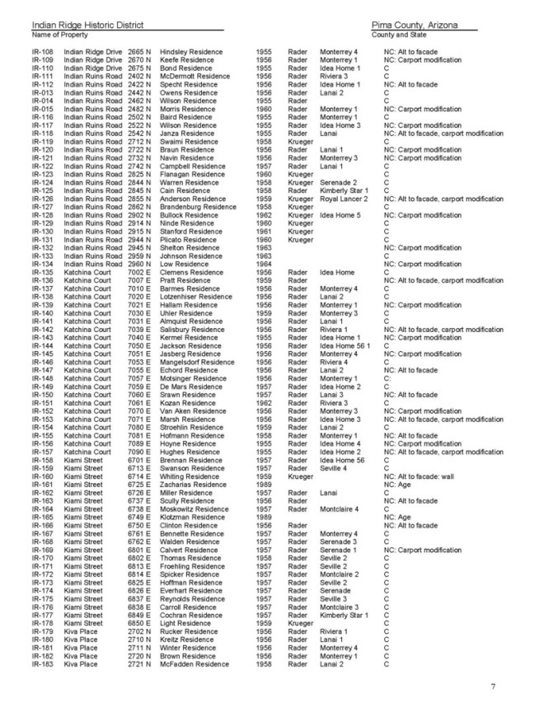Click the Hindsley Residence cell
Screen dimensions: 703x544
(x=191, y=53)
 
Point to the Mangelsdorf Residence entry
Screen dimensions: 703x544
(x=197, y=362)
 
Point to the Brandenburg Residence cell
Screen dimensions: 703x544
(x=198, y=207)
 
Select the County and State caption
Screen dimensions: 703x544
(x=399, y=36)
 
